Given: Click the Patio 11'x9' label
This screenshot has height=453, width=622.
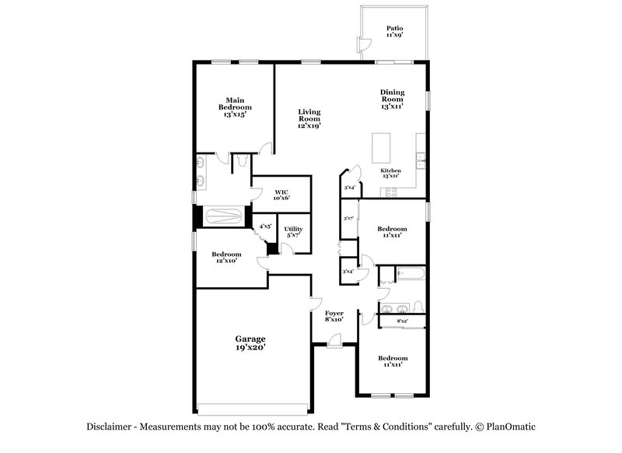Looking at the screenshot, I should [x=395, y=31].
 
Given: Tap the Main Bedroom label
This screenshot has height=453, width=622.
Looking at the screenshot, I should [x=235, y=107].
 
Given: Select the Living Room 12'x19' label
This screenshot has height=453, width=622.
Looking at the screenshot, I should [x=309, y=118].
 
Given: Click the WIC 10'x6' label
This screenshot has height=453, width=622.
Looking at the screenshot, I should [x=281, y=194].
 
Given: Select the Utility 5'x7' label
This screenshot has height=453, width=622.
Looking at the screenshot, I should [x=293, y=231].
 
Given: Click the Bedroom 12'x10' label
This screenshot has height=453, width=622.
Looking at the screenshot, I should [x=227, y=257].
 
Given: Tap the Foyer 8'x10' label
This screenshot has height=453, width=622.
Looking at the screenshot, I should [x=334, y=316].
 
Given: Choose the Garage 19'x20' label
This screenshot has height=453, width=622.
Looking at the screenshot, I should [x=250, y=342].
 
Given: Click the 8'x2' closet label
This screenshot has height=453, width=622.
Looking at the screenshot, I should [x=403, y=321].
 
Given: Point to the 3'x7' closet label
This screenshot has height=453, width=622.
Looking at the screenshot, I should [x=348, y=219].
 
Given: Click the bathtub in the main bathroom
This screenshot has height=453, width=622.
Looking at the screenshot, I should [x=222, y=216].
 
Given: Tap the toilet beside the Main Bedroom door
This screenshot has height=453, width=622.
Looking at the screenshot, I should [x=241, y=161].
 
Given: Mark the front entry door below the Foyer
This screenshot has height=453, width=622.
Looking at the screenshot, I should [x=334, y=340].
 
